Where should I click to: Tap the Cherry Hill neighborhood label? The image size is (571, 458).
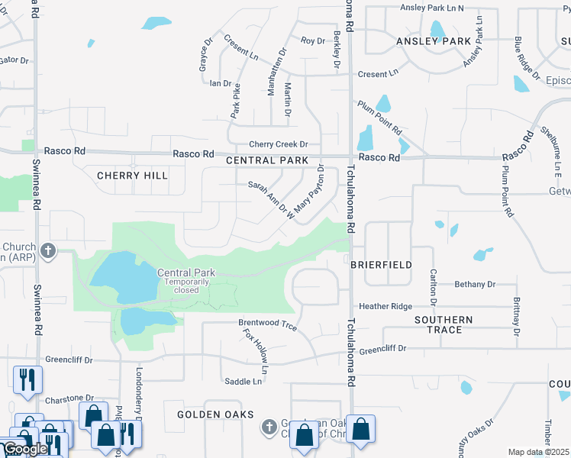point(132,176)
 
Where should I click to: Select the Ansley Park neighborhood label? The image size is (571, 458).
point(432,41)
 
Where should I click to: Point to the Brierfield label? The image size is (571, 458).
point(381,265)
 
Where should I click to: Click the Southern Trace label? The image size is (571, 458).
point(444,325)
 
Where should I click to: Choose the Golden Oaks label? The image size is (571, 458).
point(209,414)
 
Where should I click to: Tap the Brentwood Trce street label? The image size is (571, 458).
point(267,324)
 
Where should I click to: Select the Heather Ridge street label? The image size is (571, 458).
point(386,306)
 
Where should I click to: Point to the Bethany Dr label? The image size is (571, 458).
point(474,284)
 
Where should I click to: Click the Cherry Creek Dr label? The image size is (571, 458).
point(278,144)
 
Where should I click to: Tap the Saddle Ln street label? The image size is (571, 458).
point(243,381)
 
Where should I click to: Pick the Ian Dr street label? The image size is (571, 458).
point(220,83)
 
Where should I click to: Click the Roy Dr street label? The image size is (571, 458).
point(312,40)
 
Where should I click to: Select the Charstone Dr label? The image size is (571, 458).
point(69,398)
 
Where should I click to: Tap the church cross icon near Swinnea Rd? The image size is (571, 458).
point(49,250)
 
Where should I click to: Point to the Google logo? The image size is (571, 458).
point(24,450)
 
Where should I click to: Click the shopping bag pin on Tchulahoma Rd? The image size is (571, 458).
point(360,428)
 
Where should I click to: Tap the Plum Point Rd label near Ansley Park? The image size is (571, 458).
point(379,117)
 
